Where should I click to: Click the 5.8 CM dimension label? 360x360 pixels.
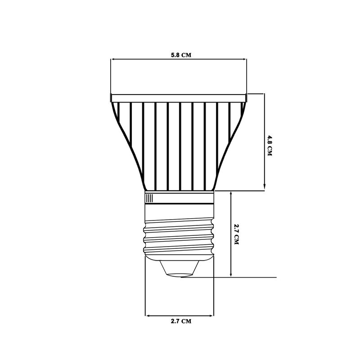pos(181,55)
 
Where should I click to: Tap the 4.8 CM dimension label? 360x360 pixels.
pos(270,146)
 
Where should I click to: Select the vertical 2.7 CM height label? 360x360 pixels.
pos(237,234)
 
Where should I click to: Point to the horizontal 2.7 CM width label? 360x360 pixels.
pos(181,321)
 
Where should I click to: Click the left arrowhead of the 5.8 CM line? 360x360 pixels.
pos(112,59)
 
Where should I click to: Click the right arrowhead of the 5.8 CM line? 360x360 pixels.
pos(245,59)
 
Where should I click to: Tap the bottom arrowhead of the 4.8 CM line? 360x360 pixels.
pos(264,187)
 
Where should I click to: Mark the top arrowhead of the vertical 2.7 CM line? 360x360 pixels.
pos(231,194)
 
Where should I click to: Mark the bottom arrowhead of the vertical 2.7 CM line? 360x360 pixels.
pos(231,274)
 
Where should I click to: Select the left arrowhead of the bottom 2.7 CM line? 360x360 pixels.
pos(148,316)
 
